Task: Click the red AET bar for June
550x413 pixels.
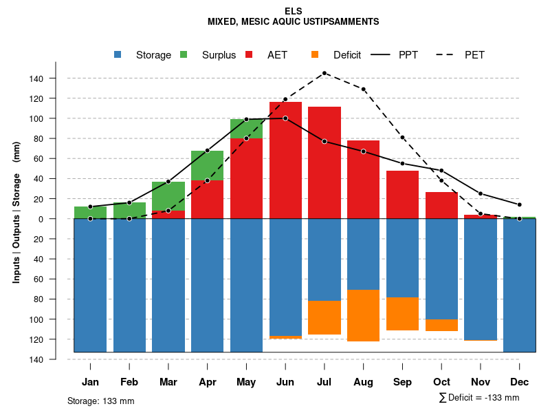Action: tap(285, 160)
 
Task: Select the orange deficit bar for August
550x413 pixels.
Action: tap(364, 315)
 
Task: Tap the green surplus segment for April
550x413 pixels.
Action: tap(207, 165)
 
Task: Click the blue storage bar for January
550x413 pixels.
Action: tap(90, 285)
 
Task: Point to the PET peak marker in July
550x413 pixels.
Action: tap(324, 73)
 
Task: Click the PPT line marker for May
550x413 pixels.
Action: tap(246, 119)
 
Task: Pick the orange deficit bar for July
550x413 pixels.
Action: tap(324, 317)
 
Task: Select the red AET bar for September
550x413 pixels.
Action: tap(402, 195)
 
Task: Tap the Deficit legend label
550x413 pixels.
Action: tap(346, 55)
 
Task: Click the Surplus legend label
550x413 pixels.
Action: tap(219, 55)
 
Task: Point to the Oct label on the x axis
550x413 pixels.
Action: tap(441, 382)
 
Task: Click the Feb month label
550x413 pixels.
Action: tap(129, 382)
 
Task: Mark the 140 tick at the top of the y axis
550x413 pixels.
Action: tap(36, 78)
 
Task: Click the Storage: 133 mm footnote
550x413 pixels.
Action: tap(100, 401)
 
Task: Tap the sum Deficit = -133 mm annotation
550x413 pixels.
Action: tap(478, 398)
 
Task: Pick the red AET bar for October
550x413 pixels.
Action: tap(441, 205)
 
